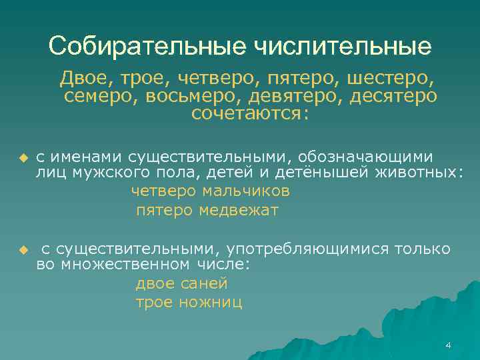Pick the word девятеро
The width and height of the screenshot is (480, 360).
(286, 97)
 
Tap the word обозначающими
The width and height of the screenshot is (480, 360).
(366, 157)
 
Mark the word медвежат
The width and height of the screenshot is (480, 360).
(239, 211)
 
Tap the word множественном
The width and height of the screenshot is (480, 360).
(123, 265)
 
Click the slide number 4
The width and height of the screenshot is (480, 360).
(448, 345)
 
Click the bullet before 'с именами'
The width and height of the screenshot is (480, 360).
(23, 158)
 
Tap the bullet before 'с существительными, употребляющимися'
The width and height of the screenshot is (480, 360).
(23, 250)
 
